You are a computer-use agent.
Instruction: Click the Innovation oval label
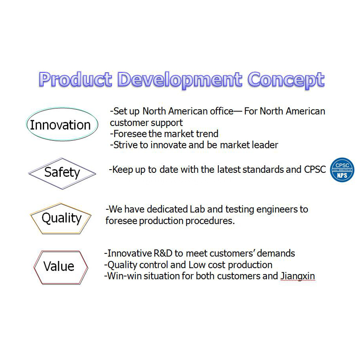(x=60, y=125)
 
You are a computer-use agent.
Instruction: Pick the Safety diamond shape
(x=62, y=172)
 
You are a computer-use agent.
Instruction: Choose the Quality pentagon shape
(x=61, y=218)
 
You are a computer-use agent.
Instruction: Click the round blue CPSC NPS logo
(x=342, y=170)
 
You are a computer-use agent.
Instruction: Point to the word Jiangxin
(x=297, y=276)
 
